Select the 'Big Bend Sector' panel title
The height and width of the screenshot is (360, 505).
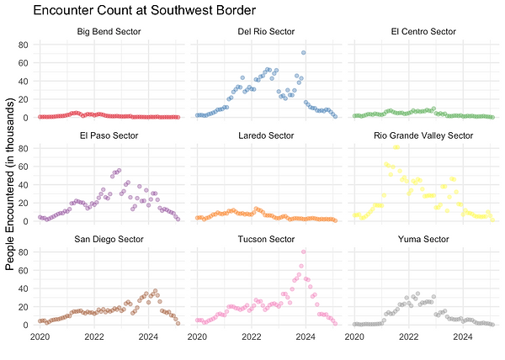[x=109, y=32]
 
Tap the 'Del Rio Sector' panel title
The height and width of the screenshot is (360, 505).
[x=266, y=32]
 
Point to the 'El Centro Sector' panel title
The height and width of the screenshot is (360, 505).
[x=423, y=32]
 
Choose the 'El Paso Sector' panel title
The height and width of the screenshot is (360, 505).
[x=109, y=135]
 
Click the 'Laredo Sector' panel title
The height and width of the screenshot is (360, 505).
[x=266, y=135]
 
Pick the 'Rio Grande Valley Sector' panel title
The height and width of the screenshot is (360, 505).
[x=423, y=135]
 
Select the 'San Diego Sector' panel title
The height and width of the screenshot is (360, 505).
[x=109, y=239]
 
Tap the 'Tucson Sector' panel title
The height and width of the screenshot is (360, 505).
[x=266, y=239]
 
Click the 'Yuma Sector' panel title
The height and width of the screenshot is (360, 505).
[x=423, y=239]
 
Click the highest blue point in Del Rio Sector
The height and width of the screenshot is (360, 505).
[x=303, y=52]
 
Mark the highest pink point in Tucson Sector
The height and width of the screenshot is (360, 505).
[x=303, y=251]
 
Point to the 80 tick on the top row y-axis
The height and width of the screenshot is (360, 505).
[x=24, y=45]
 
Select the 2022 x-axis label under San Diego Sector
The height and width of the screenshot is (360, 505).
[x=93, y=337]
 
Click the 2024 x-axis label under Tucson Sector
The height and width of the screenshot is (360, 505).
[x=305, y=337]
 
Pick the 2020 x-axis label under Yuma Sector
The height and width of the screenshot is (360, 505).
[x=354, y=337]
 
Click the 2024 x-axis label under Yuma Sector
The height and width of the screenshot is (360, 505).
[x=462, y=337]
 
